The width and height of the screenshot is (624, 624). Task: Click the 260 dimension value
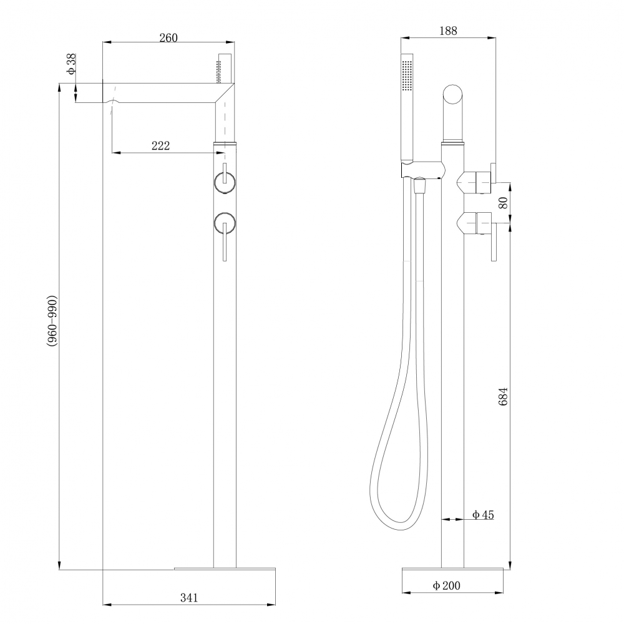[168, 37]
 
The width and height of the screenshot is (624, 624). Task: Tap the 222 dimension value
[161, 145]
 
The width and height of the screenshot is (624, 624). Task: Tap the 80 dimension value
[503, 203]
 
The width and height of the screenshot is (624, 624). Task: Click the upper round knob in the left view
[225, 182]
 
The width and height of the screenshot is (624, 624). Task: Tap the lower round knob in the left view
[225, 223]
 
